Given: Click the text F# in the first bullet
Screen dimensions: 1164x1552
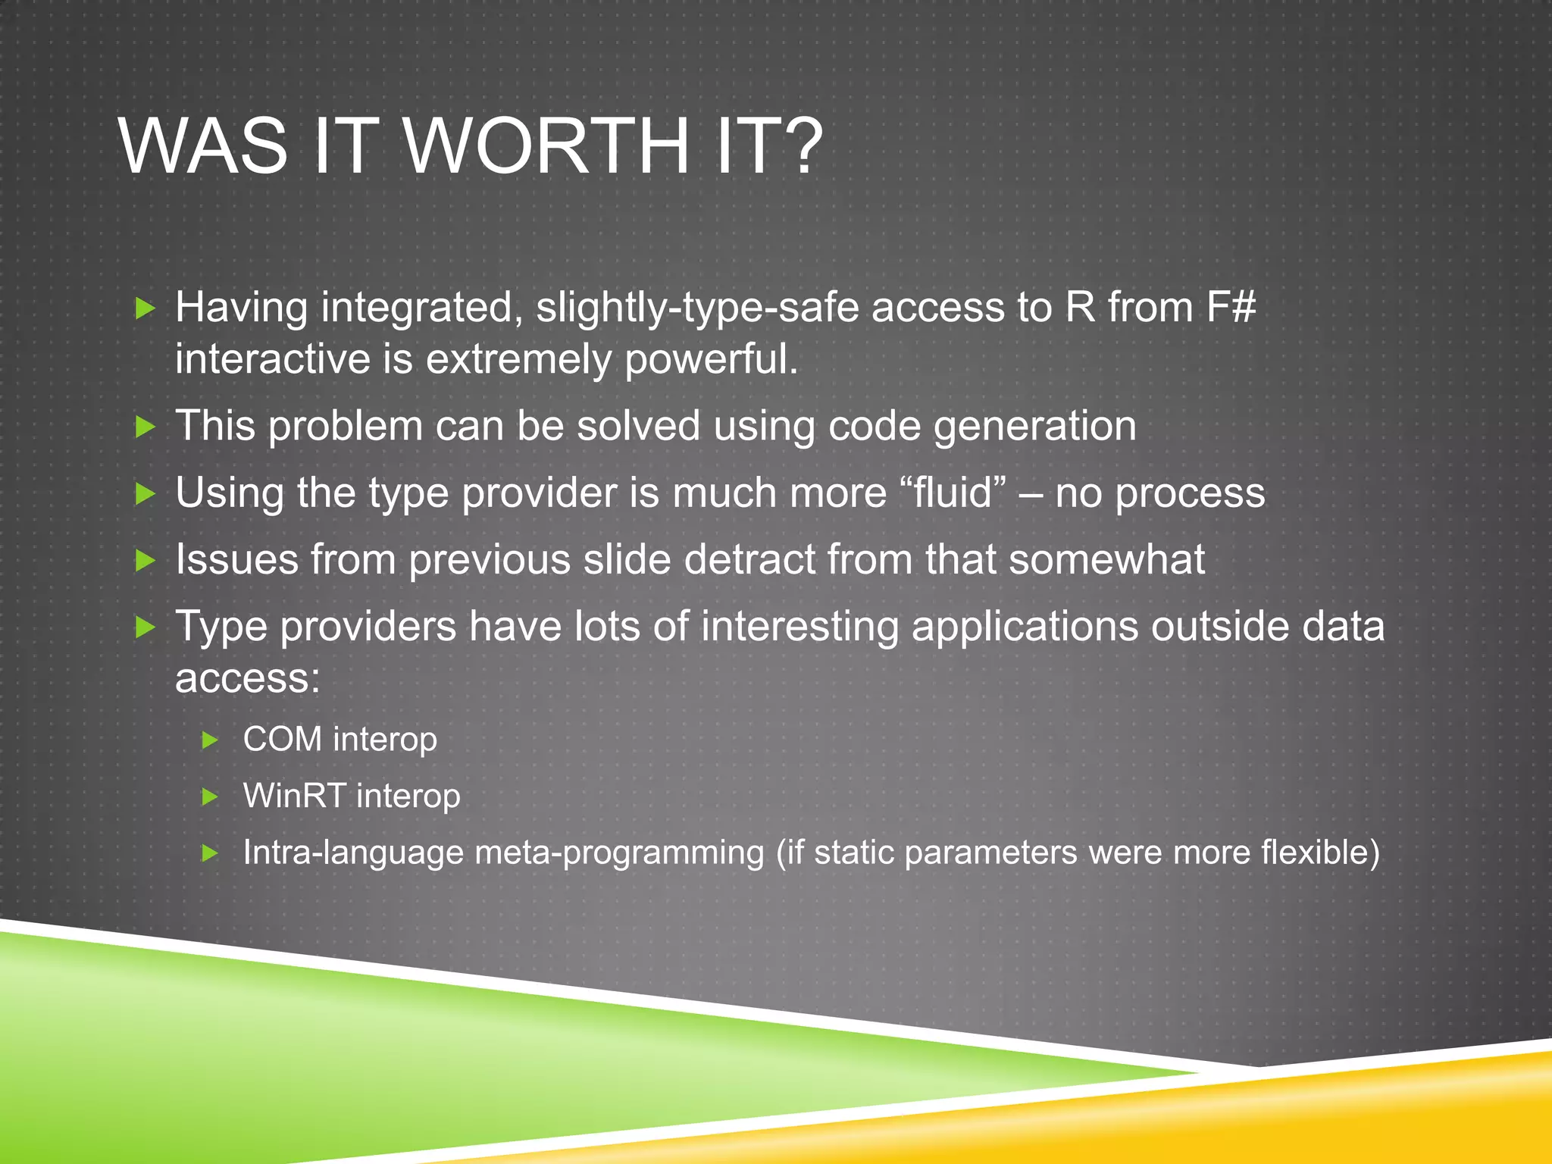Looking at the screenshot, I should pyautogui.click(x=1231, y=308).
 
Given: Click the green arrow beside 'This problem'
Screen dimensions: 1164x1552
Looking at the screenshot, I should pyautogui.click(x=145, y=427).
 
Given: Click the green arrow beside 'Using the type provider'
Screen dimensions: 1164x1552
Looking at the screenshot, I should pyautogui.click(x=145, y=494).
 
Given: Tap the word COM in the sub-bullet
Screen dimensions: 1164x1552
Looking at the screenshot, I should pyautogui.click(x=282, y=739).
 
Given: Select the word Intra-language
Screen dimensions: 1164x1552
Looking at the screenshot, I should pyautogui.click(x=352, y=853).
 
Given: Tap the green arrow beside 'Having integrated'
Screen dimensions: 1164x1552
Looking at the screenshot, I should pyautogui.click(x=145, y=308).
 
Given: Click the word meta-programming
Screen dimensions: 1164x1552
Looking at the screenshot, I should pyautogui.click(x=619, y=853).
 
